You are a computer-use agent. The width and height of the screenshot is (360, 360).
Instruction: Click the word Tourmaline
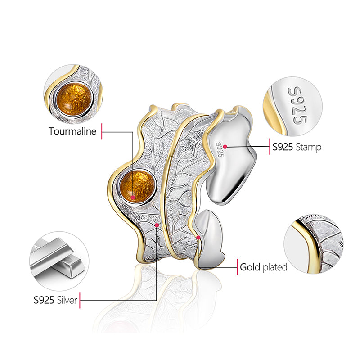pyautogui.click(x=72, y=131)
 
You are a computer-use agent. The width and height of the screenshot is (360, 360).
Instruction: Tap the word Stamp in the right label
pyautogui.click(x=309, y=147)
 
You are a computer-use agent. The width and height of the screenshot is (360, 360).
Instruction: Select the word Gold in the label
pyautogui.click(x=250, y=267)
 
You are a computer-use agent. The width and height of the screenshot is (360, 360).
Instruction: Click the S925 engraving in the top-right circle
pyautogui.click(x=297, y=105)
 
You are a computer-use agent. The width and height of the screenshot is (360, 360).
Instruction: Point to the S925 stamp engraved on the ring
pyautogui.click(x=220, y=149)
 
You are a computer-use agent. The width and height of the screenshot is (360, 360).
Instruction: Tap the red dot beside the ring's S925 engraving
pyautogui.click(x=225, y=147)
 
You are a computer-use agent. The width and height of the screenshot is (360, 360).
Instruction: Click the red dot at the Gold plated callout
pyautogui.click(x=198, y=237)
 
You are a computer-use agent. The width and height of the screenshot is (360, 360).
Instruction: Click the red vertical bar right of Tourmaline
pyautogui.click(x=103, y=132)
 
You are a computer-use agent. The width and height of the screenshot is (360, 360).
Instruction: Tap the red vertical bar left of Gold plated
pyautogui.click(x=238, y=267)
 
